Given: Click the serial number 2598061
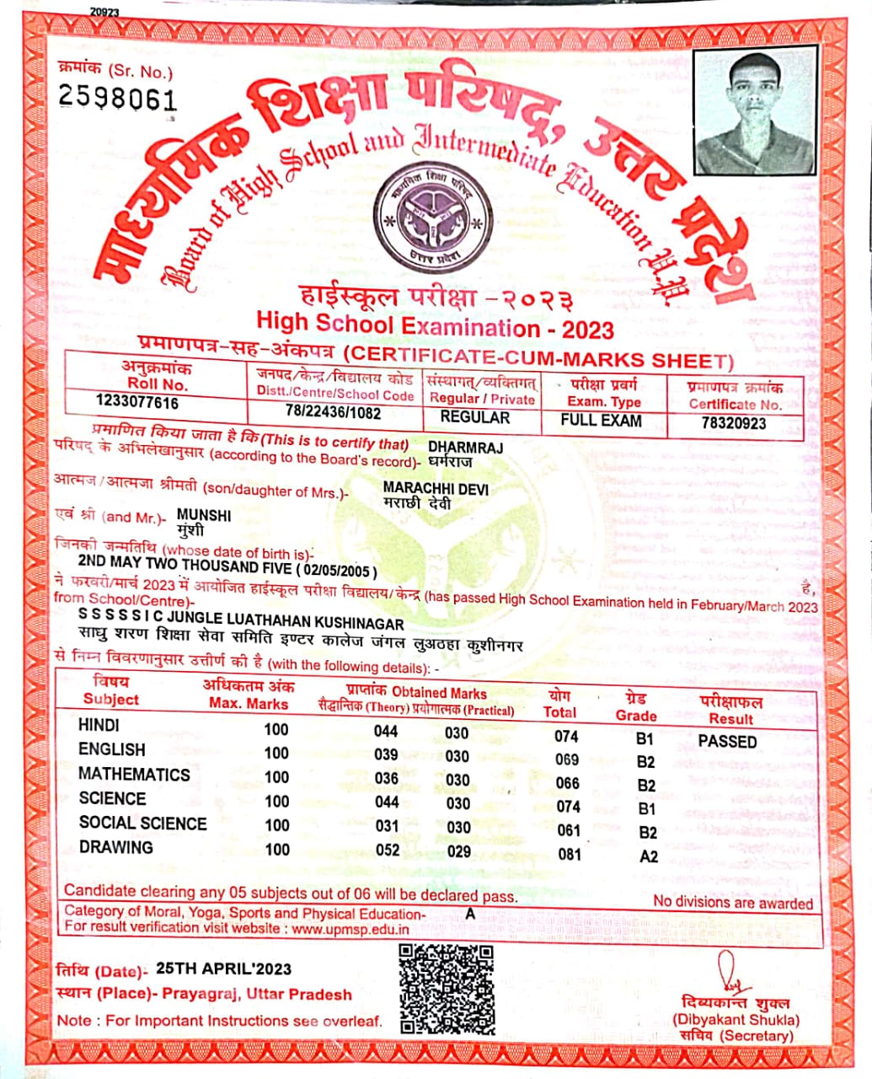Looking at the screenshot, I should [117, 99].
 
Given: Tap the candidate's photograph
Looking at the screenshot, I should [756, 111].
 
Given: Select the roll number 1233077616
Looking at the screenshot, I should [137, 402].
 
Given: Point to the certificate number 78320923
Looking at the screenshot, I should [733, 423].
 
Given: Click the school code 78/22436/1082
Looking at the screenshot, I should [333, 413].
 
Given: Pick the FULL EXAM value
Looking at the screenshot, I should [602, 420].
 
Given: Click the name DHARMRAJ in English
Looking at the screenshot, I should [465, 448].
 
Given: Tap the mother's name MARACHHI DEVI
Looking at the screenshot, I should [435, 489].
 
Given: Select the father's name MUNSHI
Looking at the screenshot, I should [203, 516].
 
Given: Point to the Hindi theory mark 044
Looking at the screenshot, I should [386, 732].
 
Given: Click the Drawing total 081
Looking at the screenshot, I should [570, 854].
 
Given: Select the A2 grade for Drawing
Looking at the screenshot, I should [649, 856].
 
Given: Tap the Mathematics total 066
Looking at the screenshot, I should [568, 783].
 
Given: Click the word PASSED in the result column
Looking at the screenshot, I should [727, 742].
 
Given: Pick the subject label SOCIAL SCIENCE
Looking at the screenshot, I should [142, 823].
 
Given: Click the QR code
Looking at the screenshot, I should [447, 989].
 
